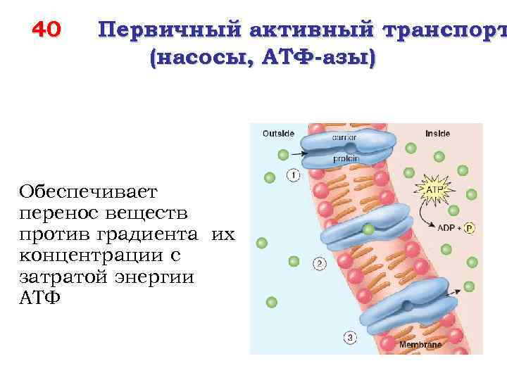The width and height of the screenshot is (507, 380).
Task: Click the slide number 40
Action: coord(47,30)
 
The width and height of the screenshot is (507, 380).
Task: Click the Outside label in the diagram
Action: coord(278,133)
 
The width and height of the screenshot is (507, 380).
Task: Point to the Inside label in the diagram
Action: coord(437,133)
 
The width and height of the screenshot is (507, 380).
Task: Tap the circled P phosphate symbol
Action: coord(450,229)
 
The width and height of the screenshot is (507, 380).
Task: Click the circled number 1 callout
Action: coord(293,175)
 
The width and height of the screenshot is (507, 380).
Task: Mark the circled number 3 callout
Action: coord(350,338)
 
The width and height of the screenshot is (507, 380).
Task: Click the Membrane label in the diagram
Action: coord(420,346)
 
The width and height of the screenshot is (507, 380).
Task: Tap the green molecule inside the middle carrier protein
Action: coord(368,229)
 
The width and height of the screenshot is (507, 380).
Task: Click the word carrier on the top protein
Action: coord(345,138)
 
